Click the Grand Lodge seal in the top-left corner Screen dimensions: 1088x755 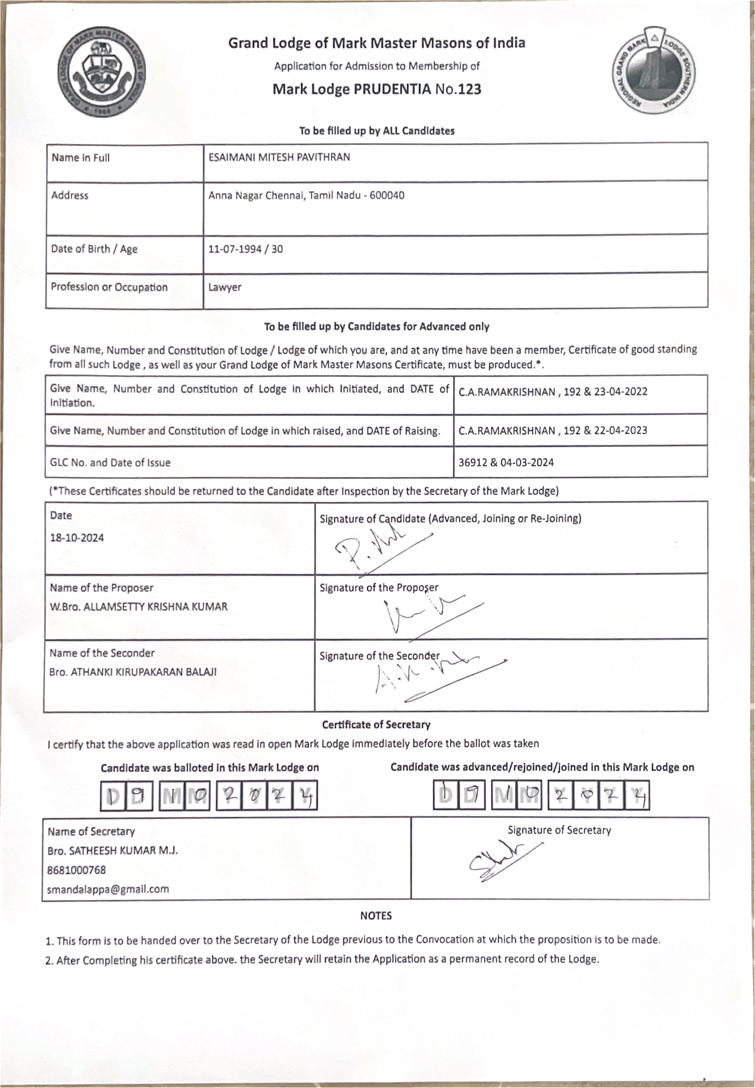click(x=101, y=72)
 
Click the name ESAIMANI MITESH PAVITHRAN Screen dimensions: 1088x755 click(x=279, y=157)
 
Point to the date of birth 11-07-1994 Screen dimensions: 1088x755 click(x=235, y=249)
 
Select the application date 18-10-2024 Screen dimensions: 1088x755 click(x=77, y=538)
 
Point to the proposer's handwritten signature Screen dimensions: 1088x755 click(x=426, y=615)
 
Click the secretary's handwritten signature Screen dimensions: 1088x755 click(x=501, y=859)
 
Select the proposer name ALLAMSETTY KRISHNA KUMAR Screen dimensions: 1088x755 click(x=155, y=607)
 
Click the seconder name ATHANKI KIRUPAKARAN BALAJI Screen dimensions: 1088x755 click(x=143, y=672)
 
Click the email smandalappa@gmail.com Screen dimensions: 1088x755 click(x=108, y=889)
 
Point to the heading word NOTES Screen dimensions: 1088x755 click(x=376, y=916)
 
